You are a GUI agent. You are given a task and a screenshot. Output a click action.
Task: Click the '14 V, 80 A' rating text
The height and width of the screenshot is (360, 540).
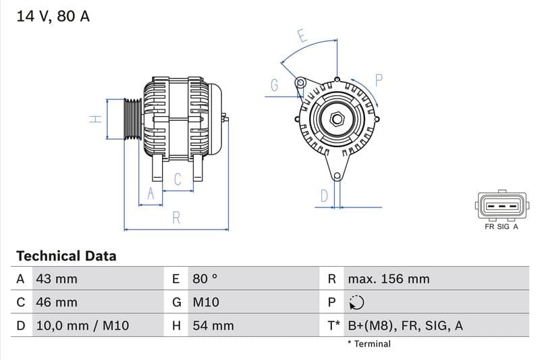53,16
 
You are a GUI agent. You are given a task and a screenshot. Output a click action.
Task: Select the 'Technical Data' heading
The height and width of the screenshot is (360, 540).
66,256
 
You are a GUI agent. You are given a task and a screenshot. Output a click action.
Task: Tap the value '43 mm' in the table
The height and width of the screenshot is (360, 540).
56,279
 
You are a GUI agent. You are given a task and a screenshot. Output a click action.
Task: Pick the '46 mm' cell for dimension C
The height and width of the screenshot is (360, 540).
56,302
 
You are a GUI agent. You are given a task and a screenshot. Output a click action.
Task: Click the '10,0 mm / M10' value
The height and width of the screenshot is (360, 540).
81,326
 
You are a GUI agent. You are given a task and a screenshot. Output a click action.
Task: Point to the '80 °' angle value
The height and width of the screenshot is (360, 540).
205,279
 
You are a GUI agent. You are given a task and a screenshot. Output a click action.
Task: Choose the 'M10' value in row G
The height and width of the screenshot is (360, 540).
206,302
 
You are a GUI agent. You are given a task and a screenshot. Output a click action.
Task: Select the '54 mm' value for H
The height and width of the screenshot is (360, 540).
213,326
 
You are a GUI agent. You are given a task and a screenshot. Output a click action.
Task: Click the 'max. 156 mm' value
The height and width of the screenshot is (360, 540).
388,279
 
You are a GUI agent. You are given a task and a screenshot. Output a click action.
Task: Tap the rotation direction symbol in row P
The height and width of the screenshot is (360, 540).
356,303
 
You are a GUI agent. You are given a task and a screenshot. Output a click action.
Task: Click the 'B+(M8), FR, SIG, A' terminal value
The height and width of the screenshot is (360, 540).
405,326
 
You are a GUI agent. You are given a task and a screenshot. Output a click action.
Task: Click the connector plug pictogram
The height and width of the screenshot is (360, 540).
501,205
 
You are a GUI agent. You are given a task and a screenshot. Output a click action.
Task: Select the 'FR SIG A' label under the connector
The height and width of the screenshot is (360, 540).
501,227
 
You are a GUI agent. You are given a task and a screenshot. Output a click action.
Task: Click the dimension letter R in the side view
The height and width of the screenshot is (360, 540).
176,217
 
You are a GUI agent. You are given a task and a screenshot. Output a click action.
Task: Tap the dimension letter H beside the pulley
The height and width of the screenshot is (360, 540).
96,119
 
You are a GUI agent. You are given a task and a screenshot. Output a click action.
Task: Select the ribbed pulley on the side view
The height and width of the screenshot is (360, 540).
132,119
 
